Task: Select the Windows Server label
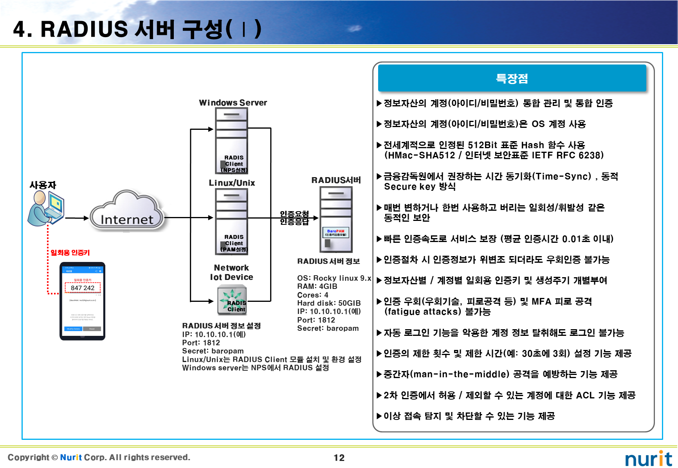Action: coord(233,103)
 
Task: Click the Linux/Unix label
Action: coord(232,183)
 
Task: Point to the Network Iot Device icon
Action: coord(232,300)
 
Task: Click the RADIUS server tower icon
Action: coord(336,219)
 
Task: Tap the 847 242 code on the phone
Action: coord(83,288)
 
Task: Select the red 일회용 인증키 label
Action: coord(70,253)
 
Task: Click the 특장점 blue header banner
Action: coord(512,79)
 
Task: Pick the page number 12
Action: coord(339,458)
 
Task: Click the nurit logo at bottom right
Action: coord(648,459)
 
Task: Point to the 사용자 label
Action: coord(43,185)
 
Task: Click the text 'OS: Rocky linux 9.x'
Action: coord(334,278)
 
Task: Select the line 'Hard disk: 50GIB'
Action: coord(329,303)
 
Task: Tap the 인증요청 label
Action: coord(294,214)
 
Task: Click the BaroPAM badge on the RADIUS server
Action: coord(335,233)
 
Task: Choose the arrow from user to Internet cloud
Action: coord(77,218)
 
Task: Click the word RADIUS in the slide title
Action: coord(84,29)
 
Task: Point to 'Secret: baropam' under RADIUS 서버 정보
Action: coord(328,328)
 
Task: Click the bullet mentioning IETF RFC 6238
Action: coord(493,151)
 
